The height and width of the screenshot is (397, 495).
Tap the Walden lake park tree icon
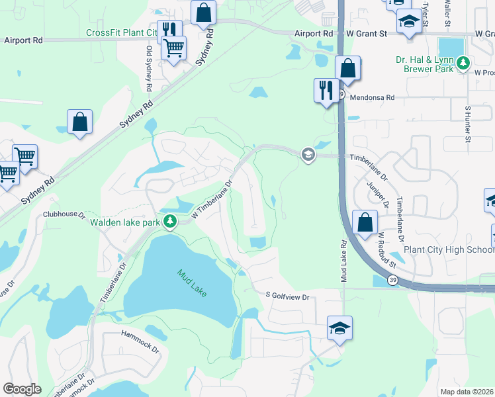point(171,222)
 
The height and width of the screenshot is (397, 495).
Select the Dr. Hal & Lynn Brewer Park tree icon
point(465,64)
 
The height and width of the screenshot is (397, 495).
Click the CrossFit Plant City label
point(122,33)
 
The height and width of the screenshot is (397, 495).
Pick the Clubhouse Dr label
point(64,214)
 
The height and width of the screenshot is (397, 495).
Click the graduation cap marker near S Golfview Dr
point(339,328)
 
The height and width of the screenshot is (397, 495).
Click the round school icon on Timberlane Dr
point(308,155)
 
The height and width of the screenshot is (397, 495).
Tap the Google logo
point(22,389)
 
